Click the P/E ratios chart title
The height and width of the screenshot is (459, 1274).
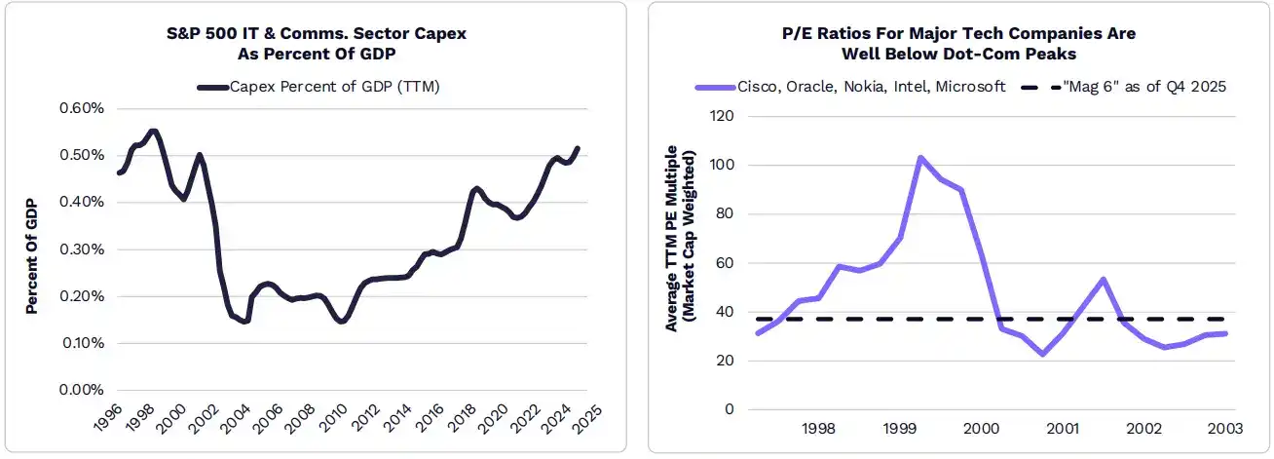959,43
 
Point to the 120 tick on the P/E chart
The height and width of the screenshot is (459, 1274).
722,116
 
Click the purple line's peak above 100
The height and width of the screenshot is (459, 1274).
919,157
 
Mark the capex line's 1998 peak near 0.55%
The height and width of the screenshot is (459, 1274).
153,131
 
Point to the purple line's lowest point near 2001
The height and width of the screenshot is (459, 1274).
1042,354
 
